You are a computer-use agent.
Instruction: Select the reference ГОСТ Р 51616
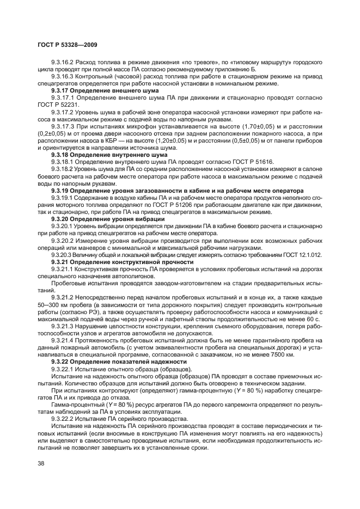pyautogui.click(x=254, y=162)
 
